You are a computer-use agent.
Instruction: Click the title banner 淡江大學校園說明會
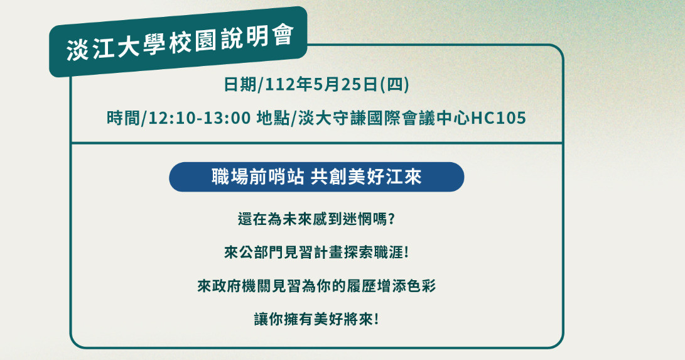point(178,42)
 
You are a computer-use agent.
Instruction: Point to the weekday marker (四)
point(394,84)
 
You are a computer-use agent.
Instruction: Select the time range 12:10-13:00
point(200,118)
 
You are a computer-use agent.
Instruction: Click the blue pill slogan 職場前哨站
point(258,177)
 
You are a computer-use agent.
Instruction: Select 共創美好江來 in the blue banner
point(366,177)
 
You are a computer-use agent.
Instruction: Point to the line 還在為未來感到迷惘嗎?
point(316,219)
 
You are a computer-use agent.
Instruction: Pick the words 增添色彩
point(407,286)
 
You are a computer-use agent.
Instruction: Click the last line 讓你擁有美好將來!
point(316,319)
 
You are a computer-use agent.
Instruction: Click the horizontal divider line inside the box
point(316,143)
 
